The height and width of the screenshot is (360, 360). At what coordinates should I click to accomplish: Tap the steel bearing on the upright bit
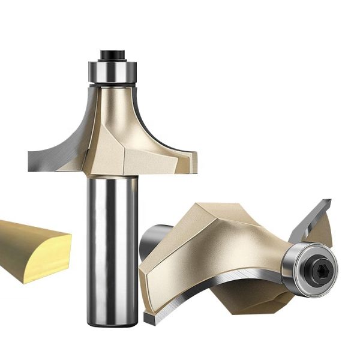pyautogui.click(x=112, y=71)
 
